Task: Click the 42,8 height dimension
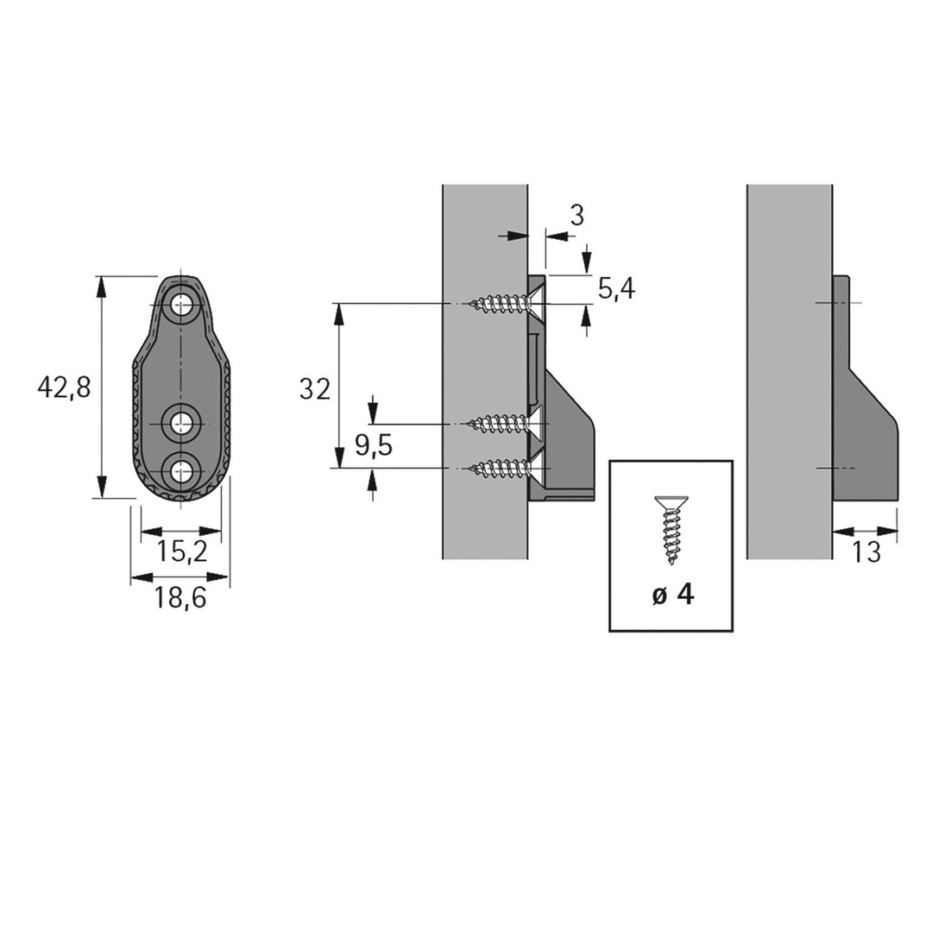pyautogui.click(x=64, y=388)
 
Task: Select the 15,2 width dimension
pyautogui.click(x=182, y=551)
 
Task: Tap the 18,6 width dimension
pyautogui.click(x=180, y=597)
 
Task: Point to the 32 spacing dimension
pyautogui.click(x=314, y=391)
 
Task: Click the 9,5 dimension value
pyautogui.click(x=374, y=445)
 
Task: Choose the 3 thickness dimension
pyautogui.click(x=576, y=215)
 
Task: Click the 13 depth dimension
pyautogui.click(x=866, y=552)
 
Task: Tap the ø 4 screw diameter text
pyautogui.click(x=672, y=595)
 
